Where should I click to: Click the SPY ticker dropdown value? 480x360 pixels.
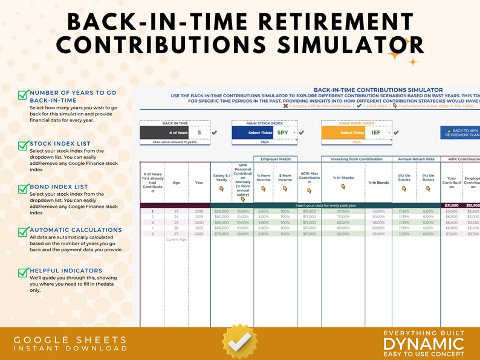click(283, 132)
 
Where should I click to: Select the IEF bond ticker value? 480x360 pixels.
click(376, 132)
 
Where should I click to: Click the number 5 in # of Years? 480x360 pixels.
click(199, 132)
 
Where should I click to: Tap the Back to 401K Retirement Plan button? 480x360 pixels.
click(461, 132)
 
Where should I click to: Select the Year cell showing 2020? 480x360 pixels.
click(199, 222)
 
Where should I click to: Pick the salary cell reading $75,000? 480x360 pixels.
click(222, 234)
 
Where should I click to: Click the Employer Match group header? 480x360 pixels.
click(275, 159)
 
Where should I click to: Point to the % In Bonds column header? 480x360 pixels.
click(379, 182)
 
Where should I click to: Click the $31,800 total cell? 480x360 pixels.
click(452, 205)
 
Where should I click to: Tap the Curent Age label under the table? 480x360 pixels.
click(176, 240)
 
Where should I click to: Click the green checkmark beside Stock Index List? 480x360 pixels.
click(22, 145)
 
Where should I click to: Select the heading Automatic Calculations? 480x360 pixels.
click(76, 230)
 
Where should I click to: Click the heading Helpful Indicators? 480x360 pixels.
click(66, 271)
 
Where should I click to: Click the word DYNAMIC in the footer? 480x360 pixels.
click(424, 344)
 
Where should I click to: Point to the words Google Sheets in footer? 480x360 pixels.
click(71, 340)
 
